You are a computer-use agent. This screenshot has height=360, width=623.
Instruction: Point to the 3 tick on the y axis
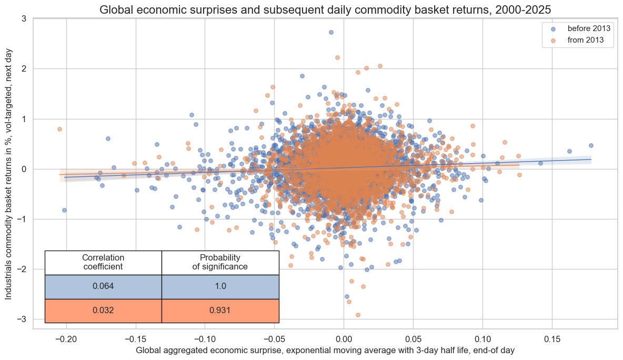click(x=24, y=18)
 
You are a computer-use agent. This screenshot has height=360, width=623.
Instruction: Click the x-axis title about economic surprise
click(x=325, y=349)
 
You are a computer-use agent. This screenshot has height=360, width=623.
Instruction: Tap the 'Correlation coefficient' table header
click(x=103, y=262)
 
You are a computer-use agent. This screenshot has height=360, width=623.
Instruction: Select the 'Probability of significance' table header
click(x=220, y=262)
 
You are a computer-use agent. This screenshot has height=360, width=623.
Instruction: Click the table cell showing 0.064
click(x=103, y=286)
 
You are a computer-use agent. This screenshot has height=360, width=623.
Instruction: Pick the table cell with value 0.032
click(x=103, y=311)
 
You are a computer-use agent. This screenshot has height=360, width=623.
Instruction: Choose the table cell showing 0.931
click(x=220, y=311)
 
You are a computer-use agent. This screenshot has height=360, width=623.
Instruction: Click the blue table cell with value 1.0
click(x=220, y=286)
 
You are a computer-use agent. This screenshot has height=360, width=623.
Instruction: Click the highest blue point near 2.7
click(x=331, y=32)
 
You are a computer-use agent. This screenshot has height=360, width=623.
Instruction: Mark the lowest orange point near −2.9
click(x=358, y=315)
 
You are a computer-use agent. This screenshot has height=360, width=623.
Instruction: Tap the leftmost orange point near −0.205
click(x=59, y=129)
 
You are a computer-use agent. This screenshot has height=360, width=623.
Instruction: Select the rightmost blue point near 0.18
click(x=591, y=145)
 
